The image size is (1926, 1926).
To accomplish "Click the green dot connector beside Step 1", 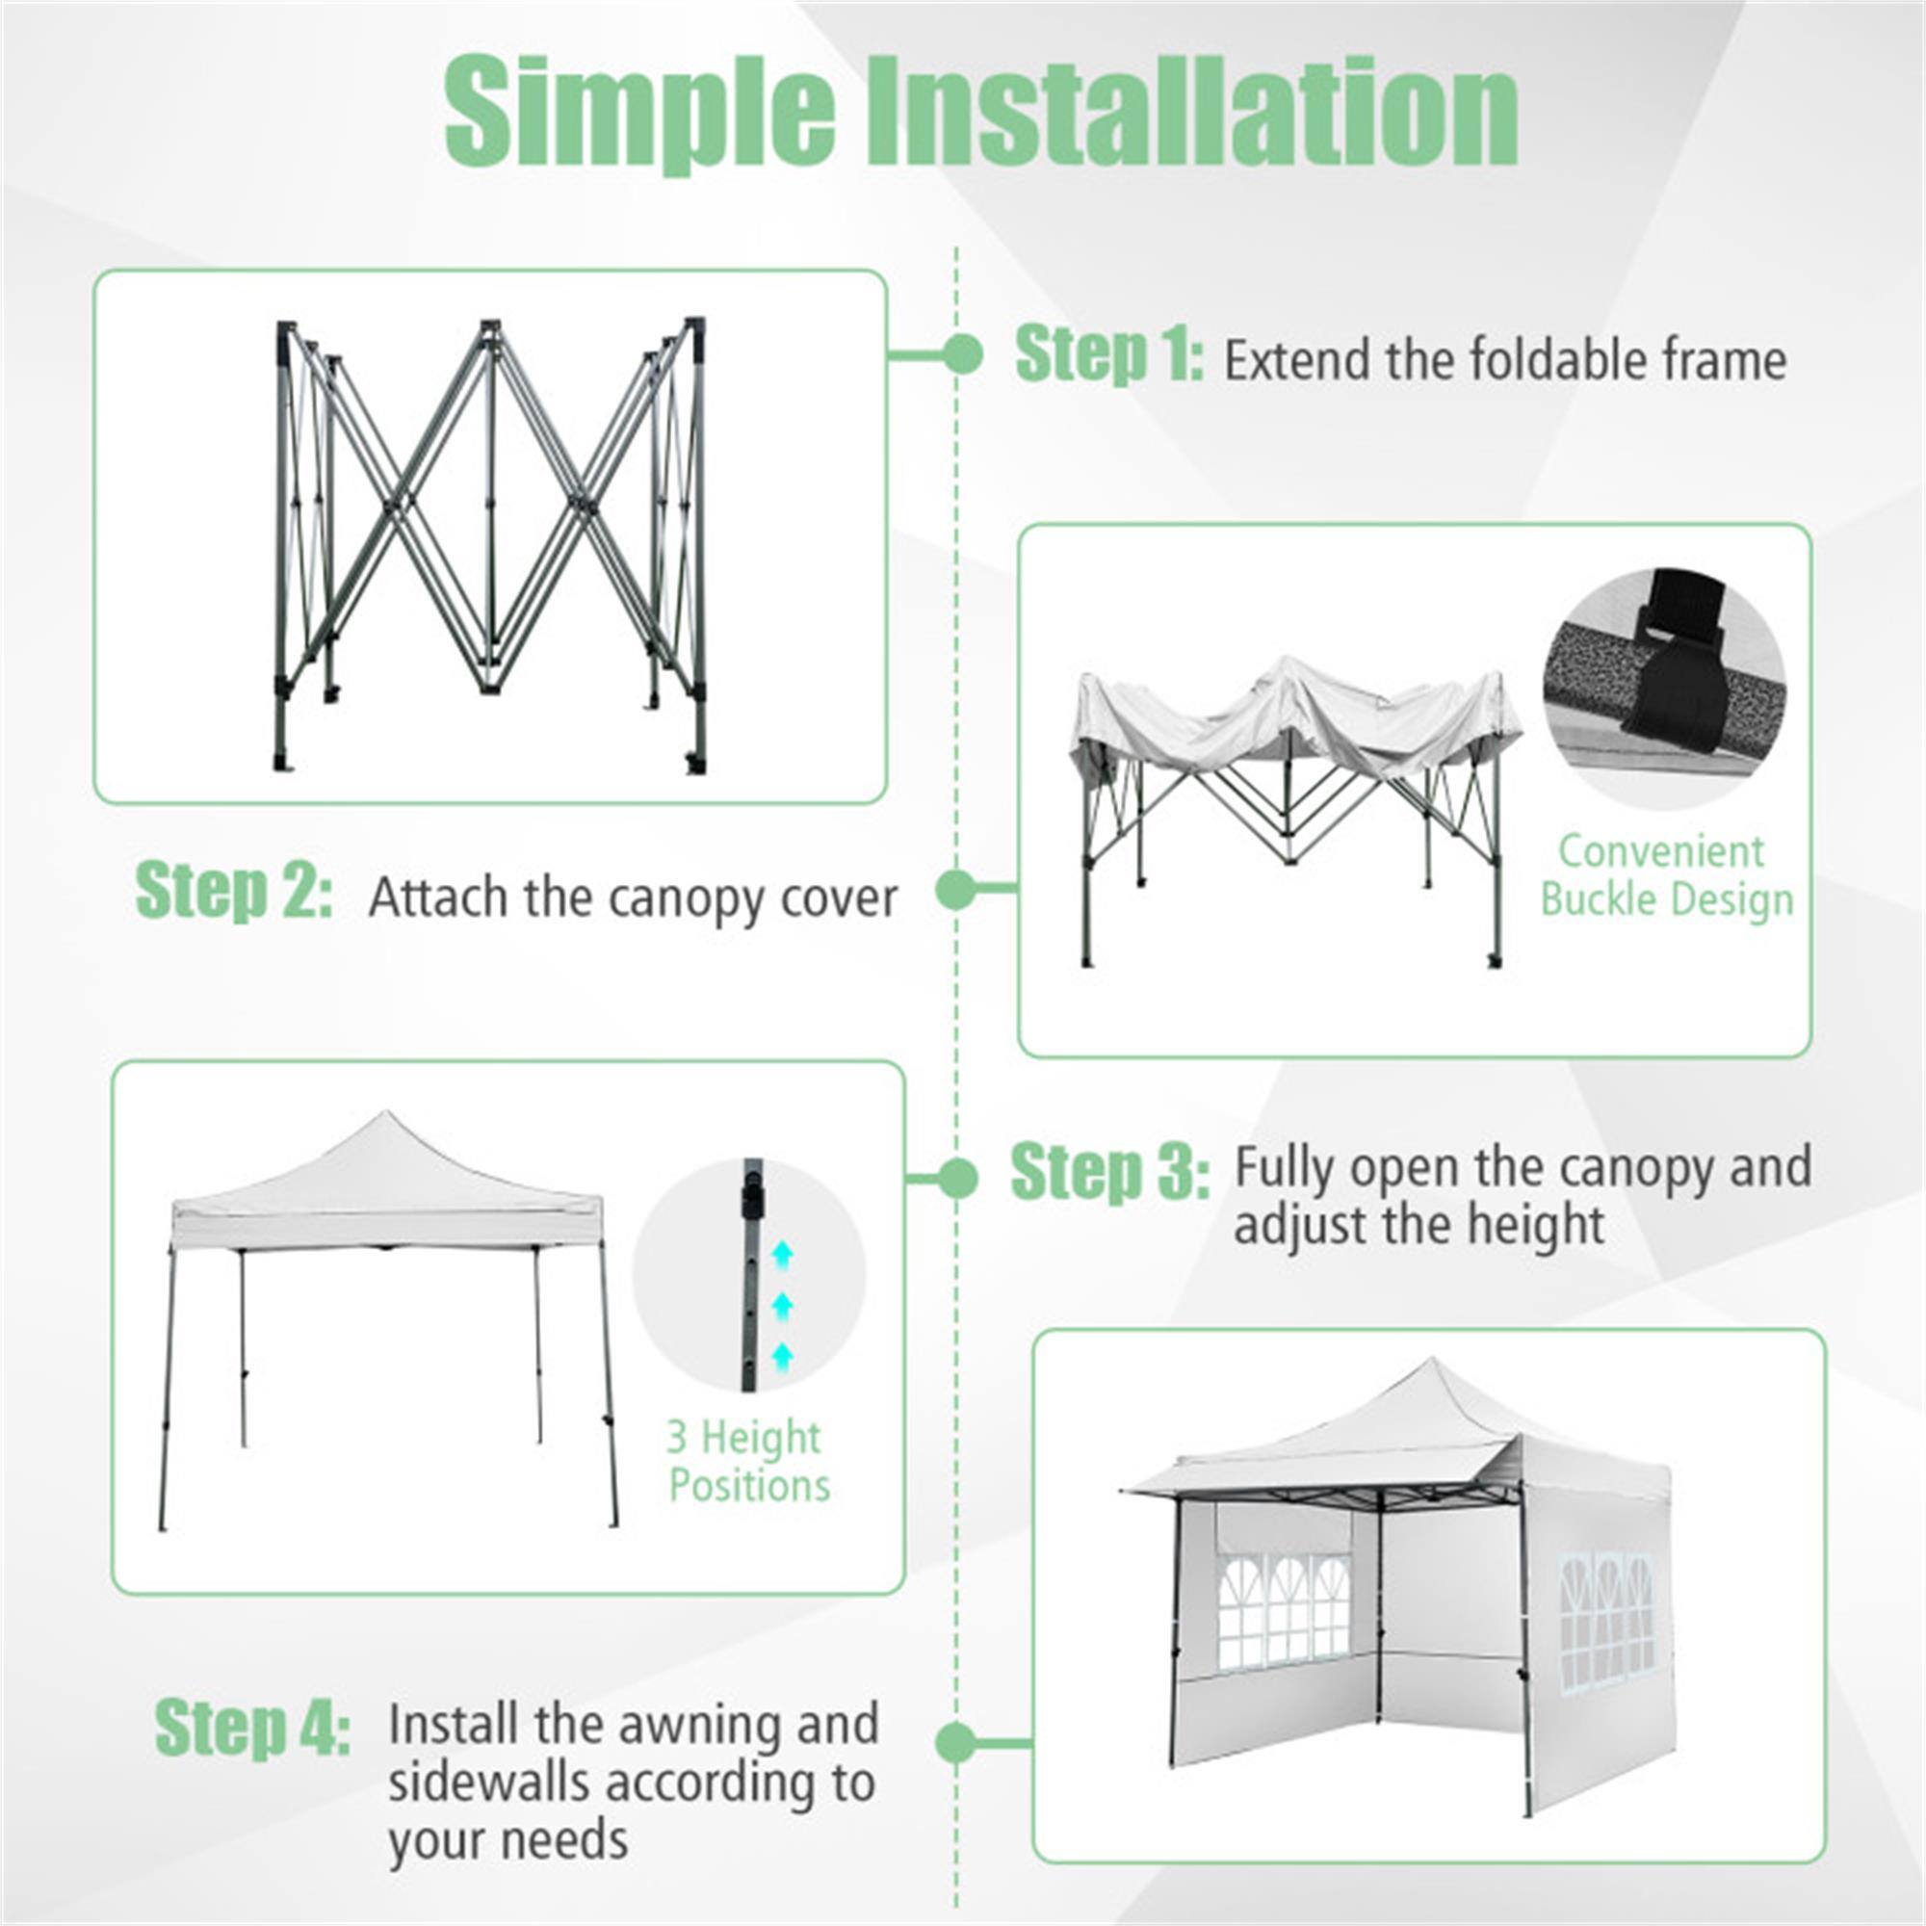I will [x=962, y=353].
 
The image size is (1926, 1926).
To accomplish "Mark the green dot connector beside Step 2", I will [x=957, y=888].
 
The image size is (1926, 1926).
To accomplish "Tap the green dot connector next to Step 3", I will [x=958, y=1179].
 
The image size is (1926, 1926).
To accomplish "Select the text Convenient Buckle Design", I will [x=1666, y=875].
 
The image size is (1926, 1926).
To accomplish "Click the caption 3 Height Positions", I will [x=747, y=1461].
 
